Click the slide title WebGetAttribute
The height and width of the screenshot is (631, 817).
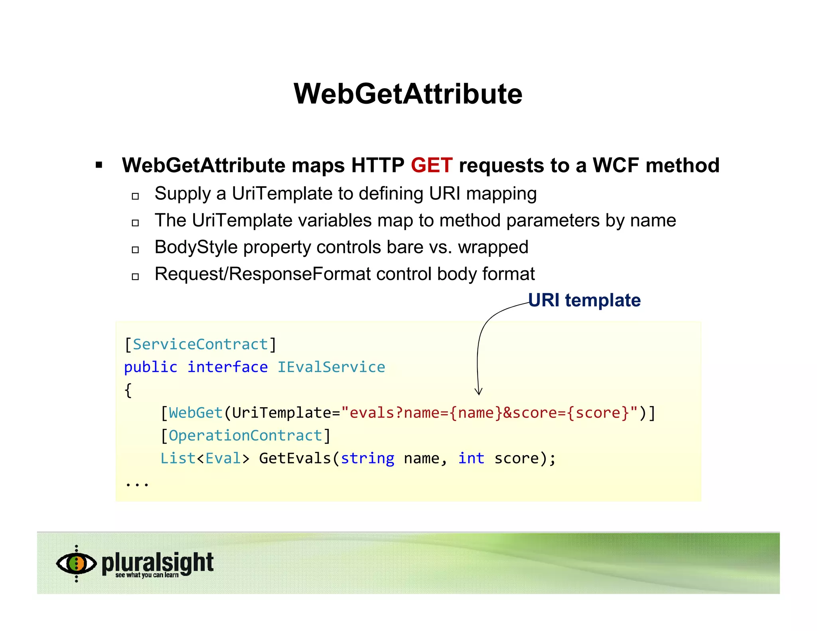tap(408, 94)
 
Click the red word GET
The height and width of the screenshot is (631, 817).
tap(432, 166)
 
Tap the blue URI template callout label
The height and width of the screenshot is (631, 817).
tap(584, 300)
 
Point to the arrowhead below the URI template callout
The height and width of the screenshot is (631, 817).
tap(479, 391)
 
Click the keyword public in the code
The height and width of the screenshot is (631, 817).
tap(150, 367)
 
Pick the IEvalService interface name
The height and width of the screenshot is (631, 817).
tap(331, 367)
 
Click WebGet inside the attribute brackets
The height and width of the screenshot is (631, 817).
tap(195, 413)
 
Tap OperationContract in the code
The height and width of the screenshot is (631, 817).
tap(245, 436)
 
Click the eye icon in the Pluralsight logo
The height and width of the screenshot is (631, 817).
tap(76, 563)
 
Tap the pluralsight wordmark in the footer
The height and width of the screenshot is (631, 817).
tap(158, 562)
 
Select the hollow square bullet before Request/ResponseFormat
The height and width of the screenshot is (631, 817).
tap(135, 276)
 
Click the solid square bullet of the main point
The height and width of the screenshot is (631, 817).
tap(99, 165)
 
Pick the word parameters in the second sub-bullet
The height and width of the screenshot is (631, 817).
tap(553, 221)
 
